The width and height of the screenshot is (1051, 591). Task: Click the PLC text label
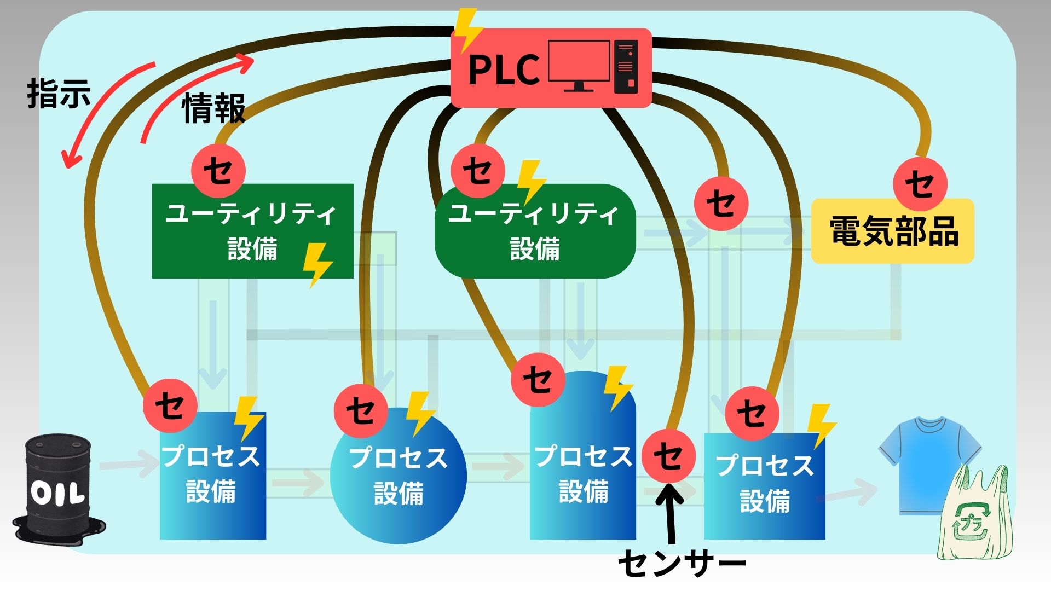(504, 69)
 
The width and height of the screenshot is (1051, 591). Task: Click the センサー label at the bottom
(682, 563)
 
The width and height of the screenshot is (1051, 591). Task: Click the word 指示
(59, 94)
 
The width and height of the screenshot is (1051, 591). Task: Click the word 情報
(213, 108)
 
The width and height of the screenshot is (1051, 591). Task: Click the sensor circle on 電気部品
(920, 183)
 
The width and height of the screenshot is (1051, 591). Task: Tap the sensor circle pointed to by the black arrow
(668, 455)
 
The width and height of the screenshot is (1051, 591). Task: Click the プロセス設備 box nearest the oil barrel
(212, 475)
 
